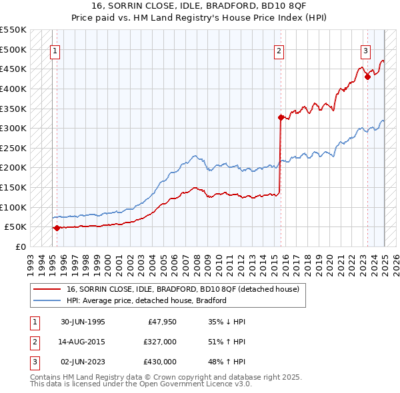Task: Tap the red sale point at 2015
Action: [x=281, y=117]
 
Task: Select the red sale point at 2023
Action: [x=367, y=77]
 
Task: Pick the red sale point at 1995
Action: [x=57, y=228]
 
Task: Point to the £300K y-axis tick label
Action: [x=13, y=128]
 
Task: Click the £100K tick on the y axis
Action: [x=13, y=207]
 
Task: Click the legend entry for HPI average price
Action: [x=146, y=300]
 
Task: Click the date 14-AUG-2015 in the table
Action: [x=83, y=342]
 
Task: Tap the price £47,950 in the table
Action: [x=161, y=322]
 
